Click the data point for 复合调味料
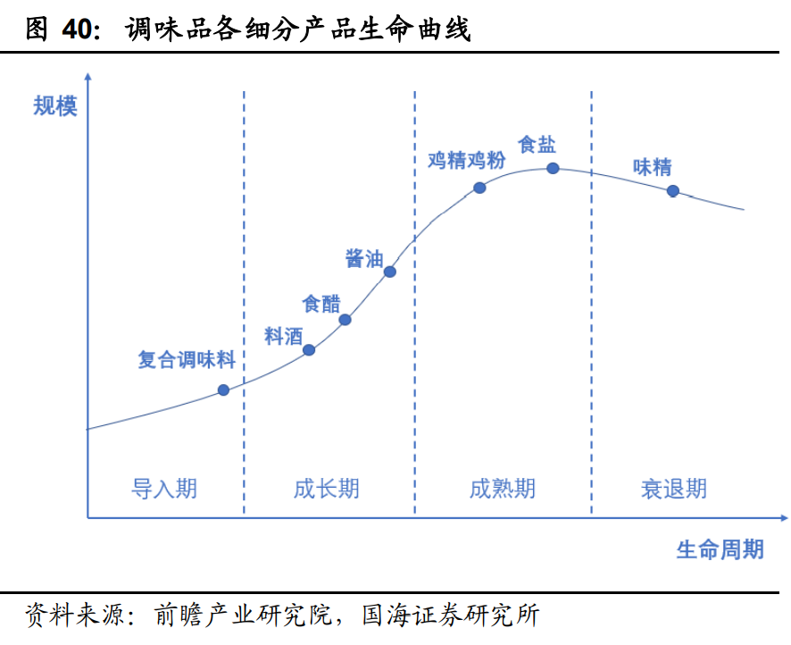pos(223,390)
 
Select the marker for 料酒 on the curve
pos(309,349)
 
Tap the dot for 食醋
pos(346,319)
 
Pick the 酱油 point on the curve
pos(389,272)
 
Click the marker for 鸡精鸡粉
pos(479,188)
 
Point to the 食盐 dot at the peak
pos(553,168)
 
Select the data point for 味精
pos(672,190)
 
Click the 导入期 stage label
pos(164,489)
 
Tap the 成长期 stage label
pos(327,489)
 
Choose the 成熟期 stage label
pos(503,489)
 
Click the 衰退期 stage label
pos(674,489)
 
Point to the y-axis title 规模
pos(55,106)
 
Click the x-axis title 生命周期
pos(720,549)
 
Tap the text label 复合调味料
pos(187,360)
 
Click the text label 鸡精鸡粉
pos(466,161)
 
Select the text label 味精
pos(652,167)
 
